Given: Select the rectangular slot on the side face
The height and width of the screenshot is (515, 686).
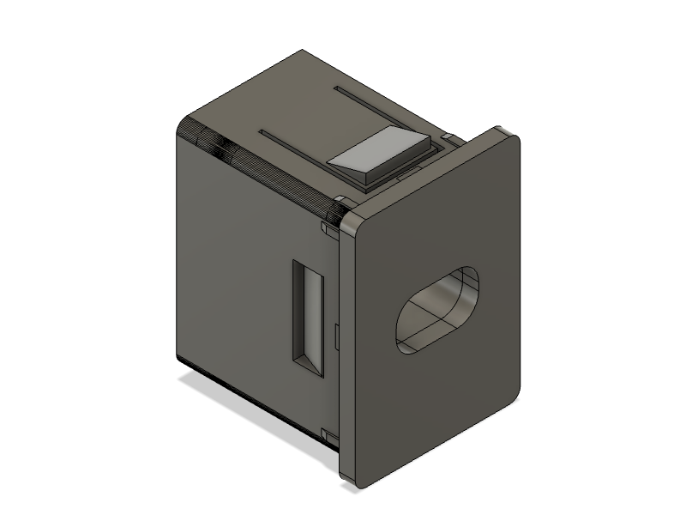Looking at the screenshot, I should (309, 318).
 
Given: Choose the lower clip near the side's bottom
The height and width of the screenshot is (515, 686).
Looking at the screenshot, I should (328, 434).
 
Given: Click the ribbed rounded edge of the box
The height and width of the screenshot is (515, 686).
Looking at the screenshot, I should (257, 167).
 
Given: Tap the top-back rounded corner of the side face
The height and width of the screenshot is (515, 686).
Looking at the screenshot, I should (184, 124).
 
